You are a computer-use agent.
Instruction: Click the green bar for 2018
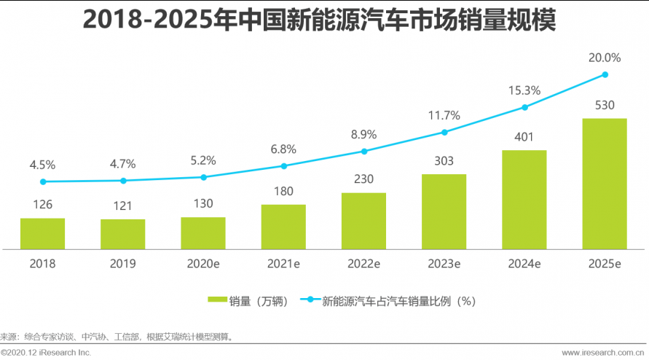[42, 233]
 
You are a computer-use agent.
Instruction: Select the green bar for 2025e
[605, 184]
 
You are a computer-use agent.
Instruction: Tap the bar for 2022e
[363, 221]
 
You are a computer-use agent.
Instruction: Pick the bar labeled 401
[524, 200]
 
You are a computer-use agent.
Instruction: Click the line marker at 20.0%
[605, 74]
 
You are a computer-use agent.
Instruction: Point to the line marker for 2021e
[283, 166]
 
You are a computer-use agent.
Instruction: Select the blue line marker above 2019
[123, 181]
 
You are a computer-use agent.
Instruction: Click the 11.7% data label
[444, 115]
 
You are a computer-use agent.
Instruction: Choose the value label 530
[605, 105]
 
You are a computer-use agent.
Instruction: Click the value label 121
[123, 206]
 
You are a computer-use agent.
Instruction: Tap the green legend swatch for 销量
[218, 300]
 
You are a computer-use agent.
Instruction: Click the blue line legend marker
[310, 300]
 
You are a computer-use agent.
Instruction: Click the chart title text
[319, 20]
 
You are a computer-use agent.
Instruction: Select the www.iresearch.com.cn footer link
[604, 353]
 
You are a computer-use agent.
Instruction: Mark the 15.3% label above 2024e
[524, 90]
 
